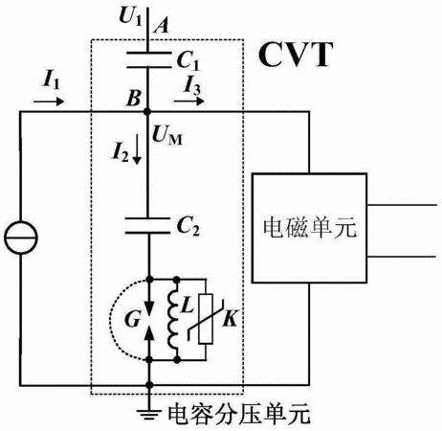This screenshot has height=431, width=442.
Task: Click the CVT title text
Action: coord(296,55)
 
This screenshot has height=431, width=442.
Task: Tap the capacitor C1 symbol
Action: coord(148,59)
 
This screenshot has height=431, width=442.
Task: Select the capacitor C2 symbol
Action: coord(147,226)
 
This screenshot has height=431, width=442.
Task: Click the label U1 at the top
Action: coord(130,16)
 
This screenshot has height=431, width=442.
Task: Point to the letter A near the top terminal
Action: coord(161,25)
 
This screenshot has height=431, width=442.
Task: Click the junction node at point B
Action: coord(147,112)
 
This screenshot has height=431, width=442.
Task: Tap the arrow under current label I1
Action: coord(49,102)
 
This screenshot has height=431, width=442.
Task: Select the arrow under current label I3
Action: coord(188,102)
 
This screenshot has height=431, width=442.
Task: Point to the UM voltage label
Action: coord(167,136)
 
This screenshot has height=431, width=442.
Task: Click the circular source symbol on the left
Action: coord(21,238)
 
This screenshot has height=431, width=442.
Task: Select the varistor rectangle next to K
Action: coord(206,319)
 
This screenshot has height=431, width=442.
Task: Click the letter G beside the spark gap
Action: coord(132,319)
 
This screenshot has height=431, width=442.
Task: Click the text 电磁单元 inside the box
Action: coord(310,228)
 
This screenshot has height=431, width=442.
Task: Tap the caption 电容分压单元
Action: coord(239,415)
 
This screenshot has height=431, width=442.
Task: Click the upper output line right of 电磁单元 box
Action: coord(402,205)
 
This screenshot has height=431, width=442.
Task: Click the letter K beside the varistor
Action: coord(231,318)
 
